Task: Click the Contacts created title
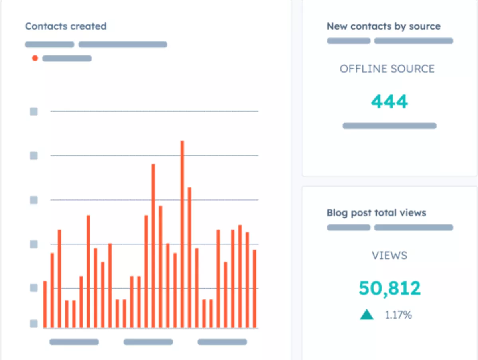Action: coord(66,26)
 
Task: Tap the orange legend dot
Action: coord(35,58)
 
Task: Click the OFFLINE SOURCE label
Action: coord(387,69)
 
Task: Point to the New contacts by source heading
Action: coord(384,26)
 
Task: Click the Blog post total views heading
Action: coord(376,213)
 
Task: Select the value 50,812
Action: coord(389,288)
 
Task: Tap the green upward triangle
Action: coord(367,315)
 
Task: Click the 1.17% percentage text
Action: coord(398,315)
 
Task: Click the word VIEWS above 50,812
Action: coord(389,256)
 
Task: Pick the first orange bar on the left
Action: coord(45,305)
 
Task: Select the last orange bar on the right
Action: coord(254,289)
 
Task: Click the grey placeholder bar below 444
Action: coord(389,126)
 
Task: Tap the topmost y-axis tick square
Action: coord(34,112)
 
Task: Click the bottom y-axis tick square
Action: coord(34,323)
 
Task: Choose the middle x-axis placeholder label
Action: coord(148,342)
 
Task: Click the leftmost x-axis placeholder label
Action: coord(74,342)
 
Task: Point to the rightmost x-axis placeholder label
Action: coord(222,342)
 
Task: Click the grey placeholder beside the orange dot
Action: coord(67,59)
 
